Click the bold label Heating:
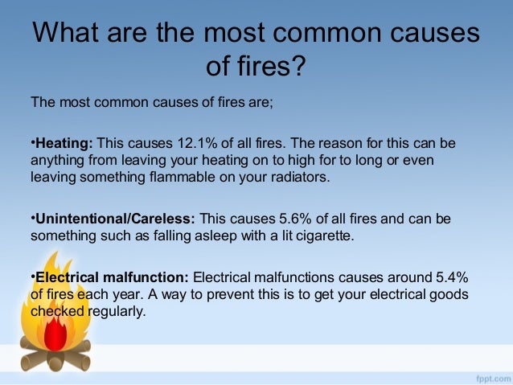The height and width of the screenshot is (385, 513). click(64, 143)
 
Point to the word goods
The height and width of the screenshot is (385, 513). click(451, 294)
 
